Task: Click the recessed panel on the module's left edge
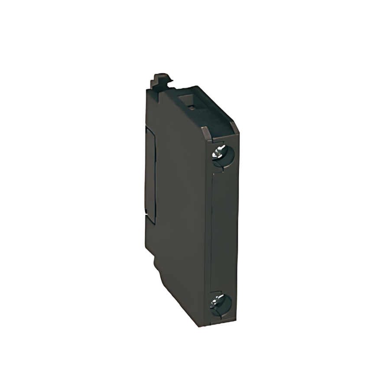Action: [149, 173]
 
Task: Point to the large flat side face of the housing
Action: [178, 195]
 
